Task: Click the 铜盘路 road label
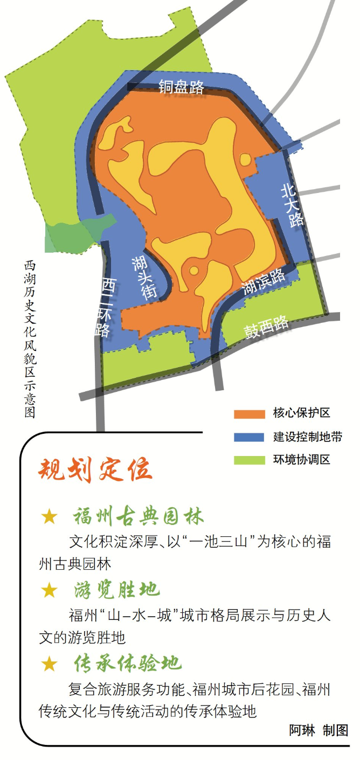point(182,87)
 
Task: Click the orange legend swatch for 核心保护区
point(250,414)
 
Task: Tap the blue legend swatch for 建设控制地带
point(250,437)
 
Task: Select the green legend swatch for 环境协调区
point(250,460)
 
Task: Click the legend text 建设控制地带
point(307,437)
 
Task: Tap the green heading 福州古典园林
point(139,517)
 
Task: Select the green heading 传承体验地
point(128,664)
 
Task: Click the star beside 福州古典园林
point(49,517)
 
